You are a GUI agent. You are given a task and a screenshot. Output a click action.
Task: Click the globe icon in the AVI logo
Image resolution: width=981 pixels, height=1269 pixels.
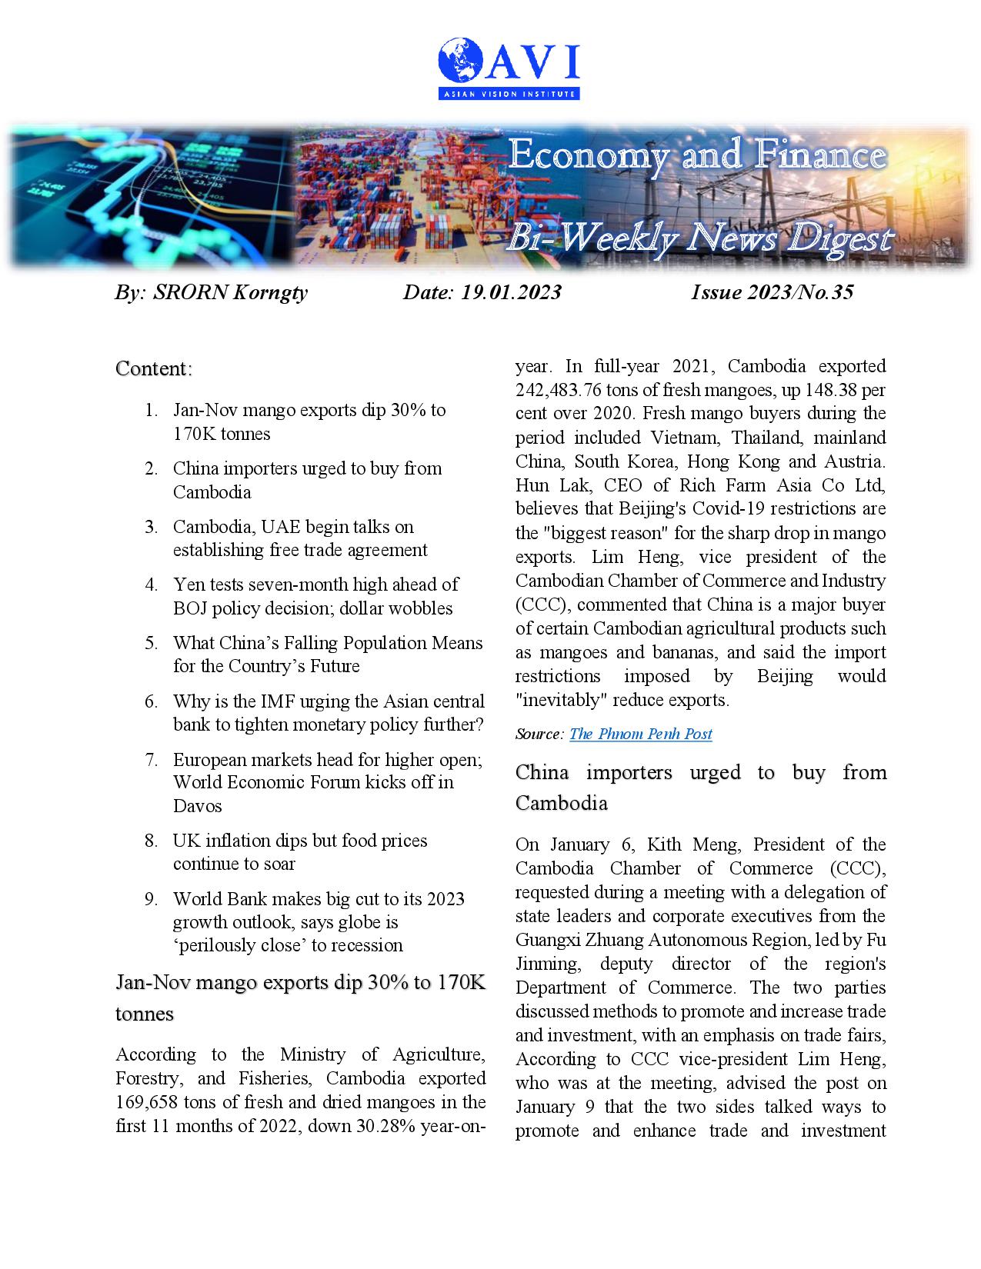460,62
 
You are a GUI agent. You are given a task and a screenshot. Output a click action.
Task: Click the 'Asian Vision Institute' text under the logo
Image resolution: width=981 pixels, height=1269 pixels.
508,94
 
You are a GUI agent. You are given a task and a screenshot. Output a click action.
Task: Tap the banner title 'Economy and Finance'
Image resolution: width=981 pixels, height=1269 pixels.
697,156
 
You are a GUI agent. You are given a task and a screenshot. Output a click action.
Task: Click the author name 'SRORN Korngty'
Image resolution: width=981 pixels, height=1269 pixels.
230,293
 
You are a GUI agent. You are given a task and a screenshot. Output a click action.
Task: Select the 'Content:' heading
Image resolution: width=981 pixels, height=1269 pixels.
154,369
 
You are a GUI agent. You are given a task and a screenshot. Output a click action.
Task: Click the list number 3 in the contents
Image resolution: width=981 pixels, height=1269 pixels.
151,528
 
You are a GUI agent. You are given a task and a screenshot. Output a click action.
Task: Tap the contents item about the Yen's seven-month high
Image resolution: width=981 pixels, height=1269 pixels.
315,597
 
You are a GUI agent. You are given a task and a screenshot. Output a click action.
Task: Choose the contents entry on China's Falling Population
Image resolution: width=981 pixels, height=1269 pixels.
328,654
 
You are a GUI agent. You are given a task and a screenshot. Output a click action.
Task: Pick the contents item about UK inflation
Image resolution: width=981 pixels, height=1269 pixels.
300,852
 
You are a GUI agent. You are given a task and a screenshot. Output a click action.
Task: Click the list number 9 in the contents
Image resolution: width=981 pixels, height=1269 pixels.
151,900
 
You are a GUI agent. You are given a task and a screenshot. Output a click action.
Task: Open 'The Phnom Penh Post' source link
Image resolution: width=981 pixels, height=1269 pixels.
640,734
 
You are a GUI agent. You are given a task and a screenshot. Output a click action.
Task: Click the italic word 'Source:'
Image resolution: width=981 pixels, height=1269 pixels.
539,734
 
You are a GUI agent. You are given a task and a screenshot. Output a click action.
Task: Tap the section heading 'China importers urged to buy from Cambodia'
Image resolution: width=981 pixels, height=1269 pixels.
700,788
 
